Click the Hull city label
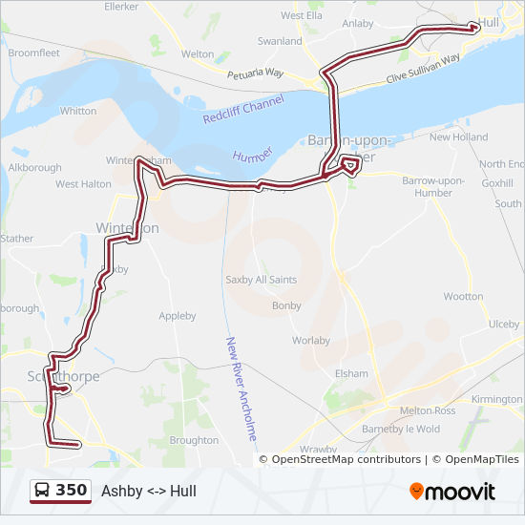(x=489, y=22)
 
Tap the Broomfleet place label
(x=33, y=53)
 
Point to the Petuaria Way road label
(x=255, y=73)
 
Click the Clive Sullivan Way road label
(x=423, y=69)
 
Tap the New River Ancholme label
(x=241, y=387)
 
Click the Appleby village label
(x=177, y=316)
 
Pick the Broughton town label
(x=194, y=440)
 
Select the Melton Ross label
(x=427, y=409)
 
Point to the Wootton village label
(x=463, y=297)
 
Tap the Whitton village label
(x=78, y=111)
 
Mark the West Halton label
(x=83, y=184)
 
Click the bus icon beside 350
(x=43, y=491)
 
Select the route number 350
(x=72, y=491)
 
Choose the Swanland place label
(x=280, y=42)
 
